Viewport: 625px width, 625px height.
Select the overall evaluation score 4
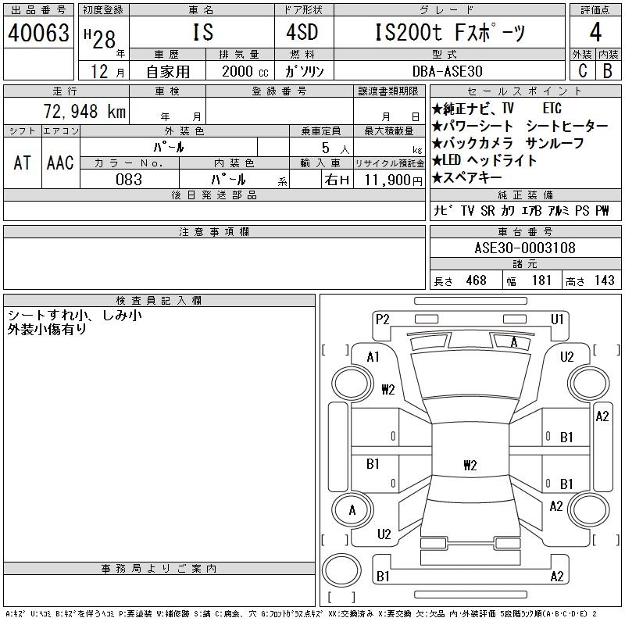(595, 34)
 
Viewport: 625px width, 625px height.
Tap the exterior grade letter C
(582, 70)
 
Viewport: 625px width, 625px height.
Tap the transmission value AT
(23, 162)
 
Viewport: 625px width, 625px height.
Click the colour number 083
(129, 180)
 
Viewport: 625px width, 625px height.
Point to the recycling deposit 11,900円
(391, 180)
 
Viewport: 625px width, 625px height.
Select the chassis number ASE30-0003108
(525, 248)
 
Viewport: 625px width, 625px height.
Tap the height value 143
(604, 280)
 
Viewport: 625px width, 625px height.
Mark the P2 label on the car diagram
(382, 319)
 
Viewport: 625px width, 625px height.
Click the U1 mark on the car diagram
(557, 319)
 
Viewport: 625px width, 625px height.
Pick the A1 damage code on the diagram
(373, 357)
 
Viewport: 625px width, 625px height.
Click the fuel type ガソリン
(305, 70)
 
